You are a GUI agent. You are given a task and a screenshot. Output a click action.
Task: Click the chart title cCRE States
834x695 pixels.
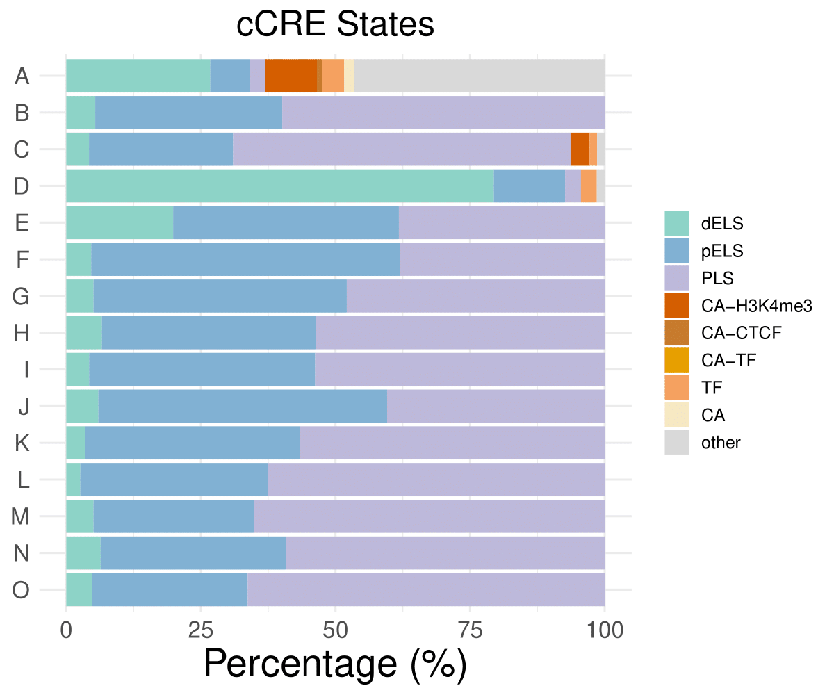335,25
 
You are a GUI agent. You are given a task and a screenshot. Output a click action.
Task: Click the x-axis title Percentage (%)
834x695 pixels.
335,664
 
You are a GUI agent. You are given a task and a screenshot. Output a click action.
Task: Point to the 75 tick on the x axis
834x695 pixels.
470,630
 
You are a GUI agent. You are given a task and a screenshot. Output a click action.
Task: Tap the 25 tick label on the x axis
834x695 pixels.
201,630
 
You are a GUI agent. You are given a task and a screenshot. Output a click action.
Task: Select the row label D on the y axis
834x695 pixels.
22,186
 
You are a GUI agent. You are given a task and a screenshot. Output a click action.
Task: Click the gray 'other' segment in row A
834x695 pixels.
480,76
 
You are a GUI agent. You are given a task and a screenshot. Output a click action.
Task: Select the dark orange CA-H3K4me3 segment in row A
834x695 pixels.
291,76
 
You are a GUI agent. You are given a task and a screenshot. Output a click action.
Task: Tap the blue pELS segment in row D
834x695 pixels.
529,186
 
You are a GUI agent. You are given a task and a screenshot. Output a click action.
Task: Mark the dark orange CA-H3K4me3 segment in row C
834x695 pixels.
580,149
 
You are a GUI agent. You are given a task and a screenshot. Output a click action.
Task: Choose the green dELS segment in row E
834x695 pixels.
120,223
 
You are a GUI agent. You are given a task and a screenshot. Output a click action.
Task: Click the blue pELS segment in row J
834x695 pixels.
243,407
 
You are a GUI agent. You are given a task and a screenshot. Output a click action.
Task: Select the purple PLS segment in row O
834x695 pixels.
425,590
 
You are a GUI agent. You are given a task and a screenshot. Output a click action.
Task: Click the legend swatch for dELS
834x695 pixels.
677,223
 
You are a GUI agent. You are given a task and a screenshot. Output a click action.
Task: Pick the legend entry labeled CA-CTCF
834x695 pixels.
742,333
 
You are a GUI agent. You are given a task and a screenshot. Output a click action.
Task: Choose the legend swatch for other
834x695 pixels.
677,443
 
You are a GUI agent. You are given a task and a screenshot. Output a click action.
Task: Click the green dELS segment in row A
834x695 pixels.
138,76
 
